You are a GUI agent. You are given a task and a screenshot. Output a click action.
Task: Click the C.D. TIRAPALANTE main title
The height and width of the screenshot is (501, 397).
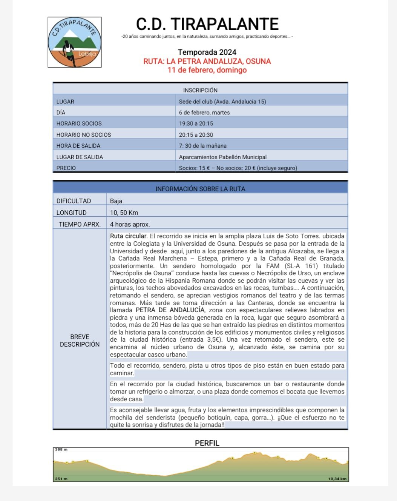click(x=207, y=24)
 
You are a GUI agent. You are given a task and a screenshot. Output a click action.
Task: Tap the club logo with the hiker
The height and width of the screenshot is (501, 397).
click(x=75, y=42)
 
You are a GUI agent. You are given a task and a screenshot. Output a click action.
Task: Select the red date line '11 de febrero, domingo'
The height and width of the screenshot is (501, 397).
click(x=207, y=70)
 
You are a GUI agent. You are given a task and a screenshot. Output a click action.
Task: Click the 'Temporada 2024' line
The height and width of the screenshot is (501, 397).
click(x=207, y=52)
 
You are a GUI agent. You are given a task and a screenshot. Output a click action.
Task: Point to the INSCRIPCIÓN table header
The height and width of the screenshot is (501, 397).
click(x=200, y=90)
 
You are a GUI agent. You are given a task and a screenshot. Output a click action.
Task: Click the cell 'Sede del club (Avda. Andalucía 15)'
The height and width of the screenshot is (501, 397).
click(x=222, y=102)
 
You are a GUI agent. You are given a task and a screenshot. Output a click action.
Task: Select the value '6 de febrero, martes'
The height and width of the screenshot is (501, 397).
click(x=204, y=113)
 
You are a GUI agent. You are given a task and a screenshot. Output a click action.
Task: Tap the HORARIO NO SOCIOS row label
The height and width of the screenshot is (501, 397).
click(x=84, y=135)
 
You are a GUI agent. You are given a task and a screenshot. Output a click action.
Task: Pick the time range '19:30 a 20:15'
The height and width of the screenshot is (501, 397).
click(x=196, y=123)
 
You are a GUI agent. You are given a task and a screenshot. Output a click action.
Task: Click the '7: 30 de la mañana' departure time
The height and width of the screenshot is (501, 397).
click(x=203, y=146)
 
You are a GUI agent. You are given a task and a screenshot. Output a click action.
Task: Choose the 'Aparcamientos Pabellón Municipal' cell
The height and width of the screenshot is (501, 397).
click(x=223, y=157)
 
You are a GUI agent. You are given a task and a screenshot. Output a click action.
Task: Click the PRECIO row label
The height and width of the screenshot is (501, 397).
click(x=66, y=168)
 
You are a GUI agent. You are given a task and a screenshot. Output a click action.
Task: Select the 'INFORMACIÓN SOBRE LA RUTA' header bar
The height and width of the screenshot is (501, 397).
click(x=200, y=189)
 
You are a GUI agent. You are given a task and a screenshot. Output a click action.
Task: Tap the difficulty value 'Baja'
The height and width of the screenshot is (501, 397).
click(x=116, y=201)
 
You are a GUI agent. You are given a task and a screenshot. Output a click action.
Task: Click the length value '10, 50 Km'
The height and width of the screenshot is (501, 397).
click(x=124, y=213)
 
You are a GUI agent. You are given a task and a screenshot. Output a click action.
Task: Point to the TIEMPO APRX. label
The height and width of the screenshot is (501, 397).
click(x=80, y=224)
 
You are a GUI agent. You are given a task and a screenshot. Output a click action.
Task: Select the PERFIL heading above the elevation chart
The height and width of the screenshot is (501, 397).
click(x=207, y=443)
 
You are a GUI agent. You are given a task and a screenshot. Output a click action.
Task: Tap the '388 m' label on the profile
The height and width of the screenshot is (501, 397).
click(x=61, y=450)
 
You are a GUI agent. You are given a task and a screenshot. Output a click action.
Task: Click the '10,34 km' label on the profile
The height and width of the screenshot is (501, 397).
click(x=337, y=479)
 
